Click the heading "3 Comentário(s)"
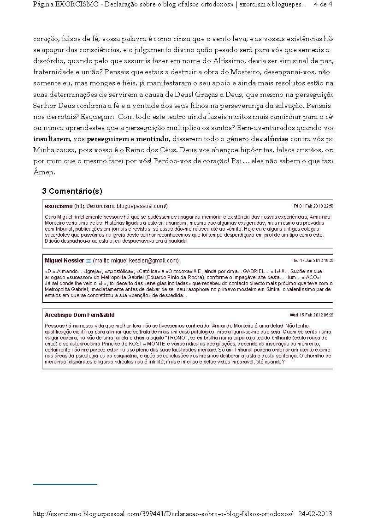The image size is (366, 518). (72, 191)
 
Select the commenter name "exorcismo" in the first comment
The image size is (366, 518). (59, 206)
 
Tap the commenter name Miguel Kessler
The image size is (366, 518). (64, 261)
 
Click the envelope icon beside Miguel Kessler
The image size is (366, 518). (89, 261)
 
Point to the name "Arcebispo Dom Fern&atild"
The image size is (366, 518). (80, 315)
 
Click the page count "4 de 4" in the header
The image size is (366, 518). (323, 4)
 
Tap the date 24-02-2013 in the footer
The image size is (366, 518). (315, 513)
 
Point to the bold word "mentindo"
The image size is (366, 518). (153, 139)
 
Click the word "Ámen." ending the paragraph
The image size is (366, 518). (44, 172)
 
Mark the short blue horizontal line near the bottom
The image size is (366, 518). (65, 484)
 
